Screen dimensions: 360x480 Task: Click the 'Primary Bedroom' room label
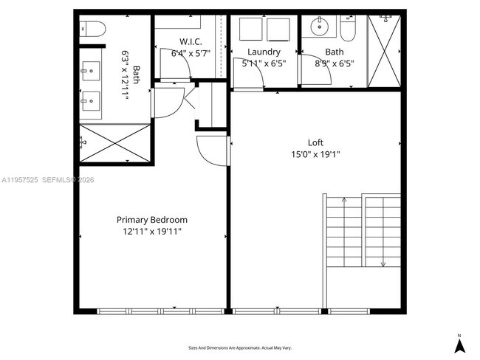coord(152,220)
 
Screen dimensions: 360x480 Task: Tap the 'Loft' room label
coord(315,142)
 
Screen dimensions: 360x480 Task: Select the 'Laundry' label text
coord(264,52)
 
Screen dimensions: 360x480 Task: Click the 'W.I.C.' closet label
coord(191,41)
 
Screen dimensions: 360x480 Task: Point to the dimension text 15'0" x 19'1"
coord(315,154)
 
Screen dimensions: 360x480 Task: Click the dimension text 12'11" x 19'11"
coord(152,232)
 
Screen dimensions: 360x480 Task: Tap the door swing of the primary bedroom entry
coord(212,151)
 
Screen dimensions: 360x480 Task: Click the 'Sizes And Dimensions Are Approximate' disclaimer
coord(240,347)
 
